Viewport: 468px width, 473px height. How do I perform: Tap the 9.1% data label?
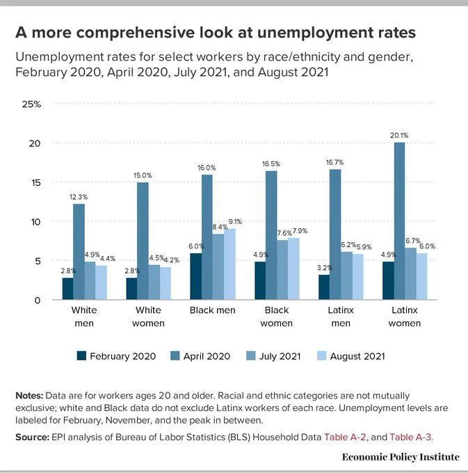click(x=235, y=223)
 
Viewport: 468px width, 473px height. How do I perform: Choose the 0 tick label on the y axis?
click(x=38, y=300)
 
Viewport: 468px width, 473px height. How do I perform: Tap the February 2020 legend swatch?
click(x=81, y=356)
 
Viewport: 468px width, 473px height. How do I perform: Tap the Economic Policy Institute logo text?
click(x=401, y=457)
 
